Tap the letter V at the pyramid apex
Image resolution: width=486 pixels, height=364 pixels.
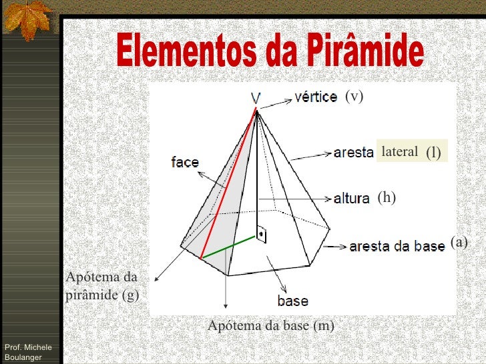click(x=256, y=99)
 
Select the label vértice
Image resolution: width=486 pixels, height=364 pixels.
click(x=316, y=97)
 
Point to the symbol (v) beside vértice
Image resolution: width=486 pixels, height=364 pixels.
click(x=354, y=97)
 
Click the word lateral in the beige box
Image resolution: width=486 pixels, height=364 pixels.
click(x=399, y=152)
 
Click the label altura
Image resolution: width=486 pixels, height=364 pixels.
click(x=351, y=198)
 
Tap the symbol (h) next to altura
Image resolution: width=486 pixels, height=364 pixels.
click(x=387, y=197)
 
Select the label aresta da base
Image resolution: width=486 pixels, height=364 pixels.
click(x=397, y=246)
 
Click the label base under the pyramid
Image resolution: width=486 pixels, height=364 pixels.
click(x=292, y=301)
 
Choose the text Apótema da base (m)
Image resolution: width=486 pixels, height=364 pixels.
click(x=270, y=326)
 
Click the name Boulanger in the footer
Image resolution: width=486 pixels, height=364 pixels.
click(x=23, y=357)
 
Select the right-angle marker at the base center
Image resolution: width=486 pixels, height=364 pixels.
click(x=262, y=235)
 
